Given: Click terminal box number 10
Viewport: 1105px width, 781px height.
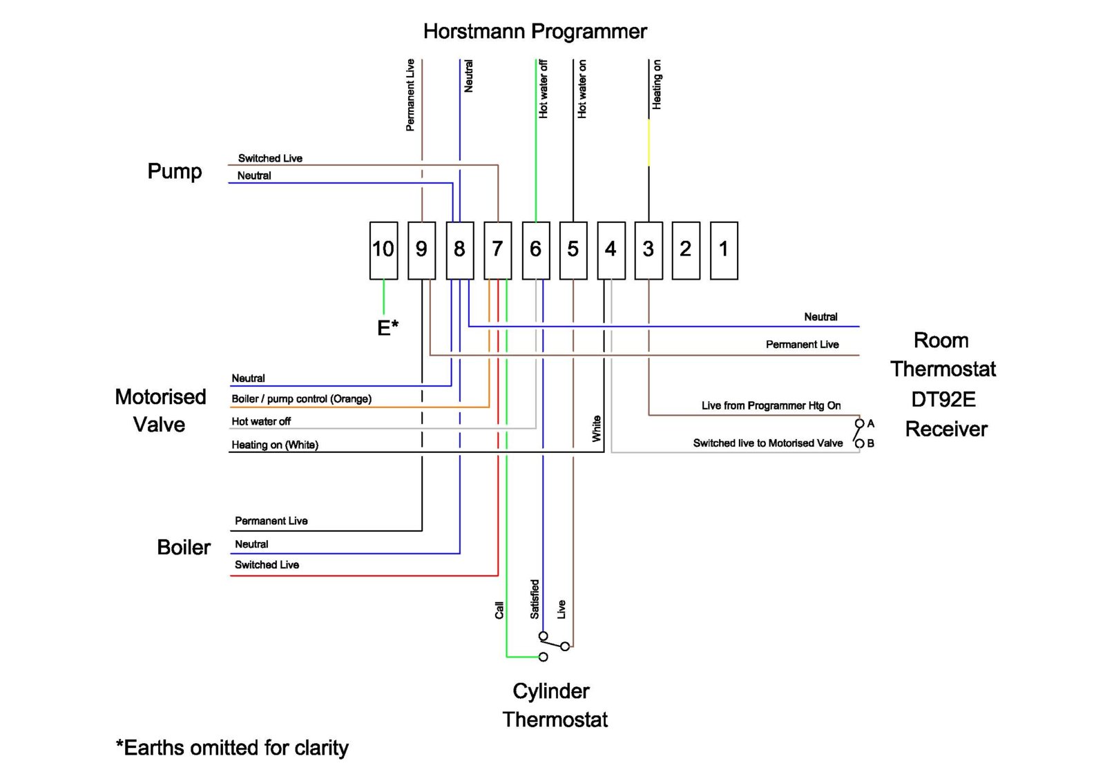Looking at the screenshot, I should pyautogui.click(x=383, y=250).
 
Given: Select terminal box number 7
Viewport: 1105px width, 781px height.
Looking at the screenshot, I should pyautogui.click(x=497, y=250).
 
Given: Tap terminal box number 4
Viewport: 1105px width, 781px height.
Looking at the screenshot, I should pyautogui.click(x=611, y=250).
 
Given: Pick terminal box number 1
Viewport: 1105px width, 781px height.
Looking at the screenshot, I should pyautogui.click(x=724, y=250).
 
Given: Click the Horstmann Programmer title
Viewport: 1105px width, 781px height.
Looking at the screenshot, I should pyautogui.click(x=535, y=32).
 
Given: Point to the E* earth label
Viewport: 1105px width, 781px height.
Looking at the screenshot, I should pyautogui.click(x=387, y=327).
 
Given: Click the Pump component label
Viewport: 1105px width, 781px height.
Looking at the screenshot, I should pyautogui.click(x=175, y=171).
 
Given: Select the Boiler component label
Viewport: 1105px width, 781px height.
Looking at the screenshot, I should pyautogui.click(x=184, y=548).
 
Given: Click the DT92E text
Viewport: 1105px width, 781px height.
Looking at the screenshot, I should pyautogui.click(x=943, y=399).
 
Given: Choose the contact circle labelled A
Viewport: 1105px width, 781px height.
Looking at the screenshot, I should pyautogui.click(x=859, y=423).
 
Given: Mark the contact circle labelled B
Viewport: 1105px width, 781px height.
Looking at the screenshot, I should pyautogui.click(x=859, y=443).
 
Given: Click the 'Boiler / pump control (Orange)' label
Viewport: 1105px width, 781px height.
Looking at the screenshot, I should pyautogui.click(x=301, y=399).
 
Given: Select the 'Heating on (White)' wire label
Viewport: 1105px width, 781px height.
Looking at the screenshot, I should pyautogui.click(x=275, y=445).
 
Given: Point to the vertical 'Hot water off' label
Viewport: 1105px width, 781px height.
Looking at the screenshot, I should pyautogui.click(x=543, y=88).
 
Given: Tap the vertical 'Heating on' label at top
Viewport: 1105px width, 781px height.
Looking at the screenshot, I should pyautogui.click(x=657, y=84).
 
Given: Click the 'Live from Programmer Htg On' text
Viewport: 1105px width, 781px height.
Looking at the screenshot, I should pyautogui.click(x=771, y=405).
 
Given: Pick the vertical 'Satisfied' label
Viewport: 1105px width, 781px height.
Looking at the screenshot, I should pyautogui.click(x=535, y=599).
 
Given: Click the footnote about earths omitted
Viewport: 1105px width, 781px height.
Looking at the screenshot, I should pyautogui.click(x=232, y=748).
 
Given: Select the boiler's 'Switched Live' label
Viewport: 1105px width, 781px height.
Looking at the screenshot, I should pyautogui.click(x=267, y=565).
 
